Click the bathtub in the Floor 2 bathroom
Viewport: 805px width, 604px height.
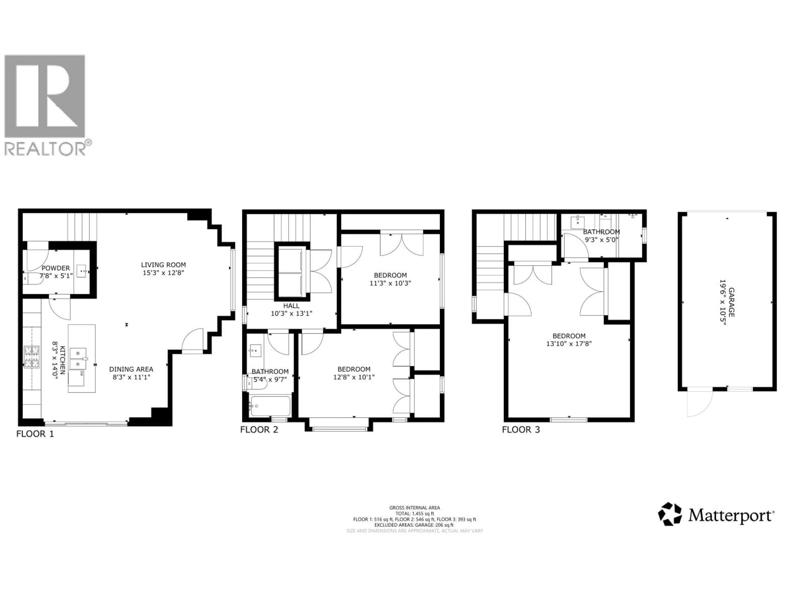tap(270, 406)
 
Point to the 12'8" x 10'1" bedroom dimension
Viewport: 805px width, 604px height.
tap(354, 377)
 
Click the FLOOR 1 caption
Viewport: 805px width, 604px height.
tap(35, 434)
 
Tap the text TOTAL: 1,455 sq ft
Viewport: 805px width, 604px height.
tap(414, 513)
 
